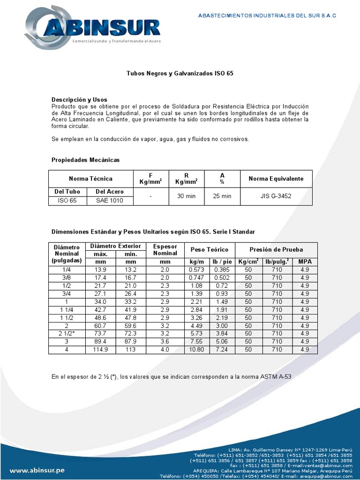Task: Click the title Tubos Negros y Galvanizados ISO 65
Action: click(180, 74)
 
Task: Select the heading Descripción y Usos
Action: click(79, 100)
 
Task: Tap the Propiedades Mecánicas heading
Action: click(85, 160)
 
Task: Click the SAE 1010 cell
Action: click(110, 200)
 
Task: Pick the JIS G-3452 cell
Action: click(276, 196)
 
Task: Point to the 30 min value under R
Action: click(186, 196)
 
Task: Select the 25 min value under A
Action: click(222, 196)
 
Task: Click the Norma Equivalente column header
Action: click(276, 179)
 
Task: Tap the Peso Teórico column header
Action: click(209, 249)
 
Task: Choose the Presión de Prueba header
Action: click(276, 249)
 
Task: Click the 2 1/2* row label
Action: click(67, 333)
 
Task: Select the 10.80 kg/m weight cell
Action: click(196, 350)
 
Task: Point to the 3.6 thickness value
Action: click(165, 342)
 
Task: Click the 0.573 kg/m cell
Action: click(196, 270)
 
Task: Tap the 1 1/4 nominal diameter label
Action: click(67, 309)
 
